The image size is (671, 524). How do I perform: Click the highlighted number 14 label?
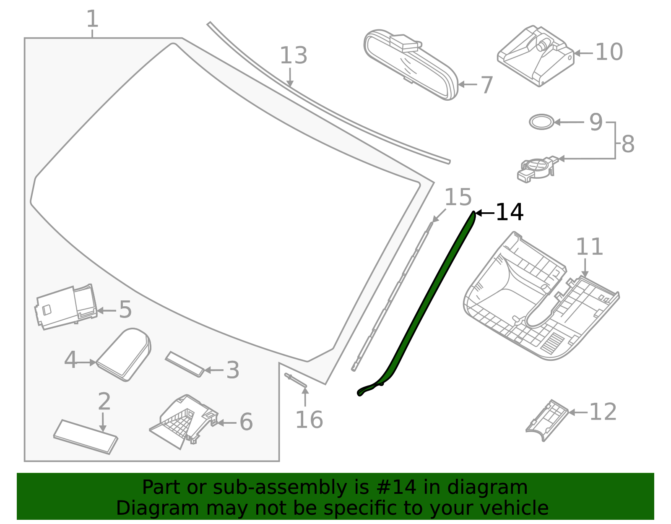coord(509,212)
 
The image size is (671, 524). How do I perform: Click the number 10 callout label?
coord(609,52)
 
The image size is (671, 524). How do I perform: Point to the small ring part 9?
coord(541,122)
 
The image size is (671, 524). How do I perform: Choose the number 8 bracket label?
coord(628,144)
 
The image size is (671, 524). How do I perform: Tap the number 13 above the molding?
coord(293,56)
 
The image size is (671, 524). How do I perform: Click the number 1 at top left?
coord(92,19)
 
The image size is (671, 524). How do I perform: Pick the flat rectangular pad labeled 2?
coord(86,437)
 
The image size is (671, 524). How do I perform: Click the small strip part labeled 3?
coord(185,364)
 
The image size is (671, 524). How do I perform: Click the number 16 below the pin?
coord(309,420)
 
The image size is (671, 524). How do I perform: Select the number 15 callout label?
coord(458,197)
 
